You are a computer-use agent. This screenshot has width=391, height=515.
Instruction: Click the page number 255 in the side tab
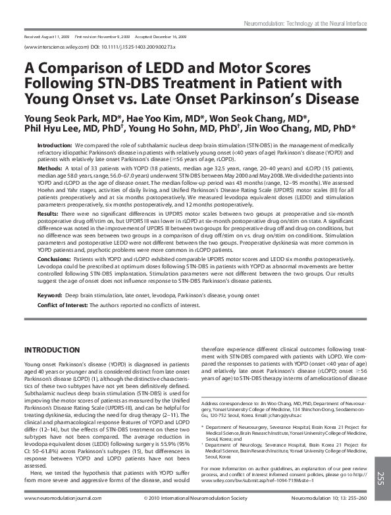click(x=381, y=478)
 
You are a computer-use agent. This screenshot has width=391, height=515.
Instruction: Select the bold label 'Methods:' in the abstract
click(x=51, y=168)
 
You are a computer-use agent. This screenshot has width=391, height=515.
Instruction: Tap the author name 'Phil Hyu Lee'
click(x=53, y=129)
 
